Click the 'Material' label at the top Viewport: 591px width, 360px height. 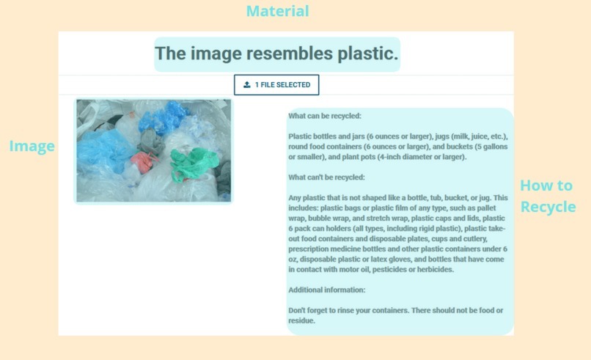pos(277,11)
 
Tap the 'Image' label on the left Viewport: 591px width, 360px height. pos(32,147)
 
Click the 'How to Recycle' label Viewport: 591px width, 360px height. pos(547,196)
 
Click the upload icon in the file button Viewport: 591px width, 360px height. pos(247,85)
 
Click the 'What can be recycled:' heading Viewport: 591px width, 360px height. pos(325,116)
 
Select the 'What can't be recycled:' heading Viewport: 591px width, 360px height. pos(326,177)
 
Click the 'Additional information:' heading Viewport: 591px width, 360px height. pos(327,290)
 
